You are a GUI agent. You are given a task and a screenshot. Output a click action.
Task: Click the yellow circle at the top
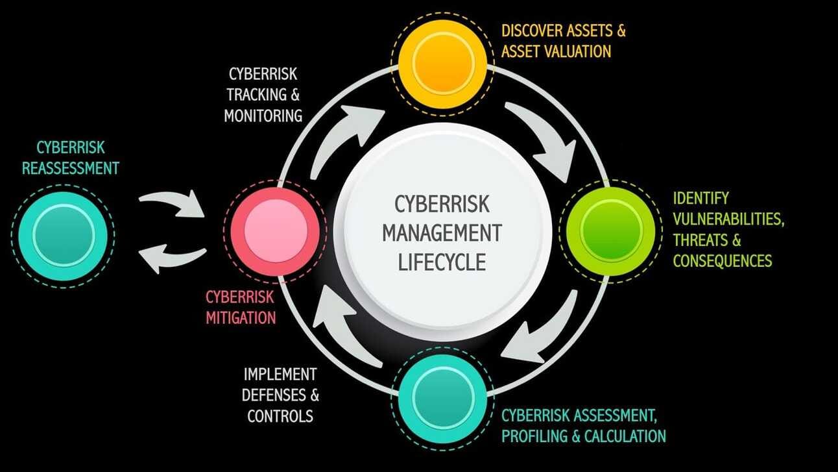tap(442, 62)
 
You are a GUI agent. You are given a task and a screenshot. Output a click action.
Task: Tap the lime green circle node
tap(611, 230)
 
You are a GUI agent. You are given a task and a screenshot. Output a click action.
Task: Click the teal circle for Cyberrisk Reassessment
tap(63, 234)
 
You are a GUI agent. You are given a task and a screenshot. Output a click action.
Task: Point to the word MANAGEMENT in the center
tap(442, 232)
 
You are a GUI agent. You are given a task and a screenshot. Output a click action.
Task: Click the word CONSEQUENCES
tap(723, 260)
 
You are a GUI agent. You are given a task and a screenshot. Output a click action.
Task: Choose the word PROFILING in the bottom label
tap(534, 435)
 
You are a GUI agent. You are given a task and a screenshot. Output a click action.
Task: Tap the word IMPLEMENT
tap(280, 374)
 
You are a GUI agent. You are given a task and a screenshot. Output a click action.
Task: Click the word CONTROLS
tap(280, 416)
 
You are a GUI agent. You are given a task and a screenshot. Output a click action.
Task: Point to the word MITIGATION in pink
tap(241, 318)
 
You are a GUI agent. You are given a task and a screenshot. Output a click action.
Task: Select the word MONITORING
tap(263, 116)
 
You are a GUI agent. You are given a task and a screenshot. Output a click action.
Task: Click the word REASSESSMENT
tap(71, 168)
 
